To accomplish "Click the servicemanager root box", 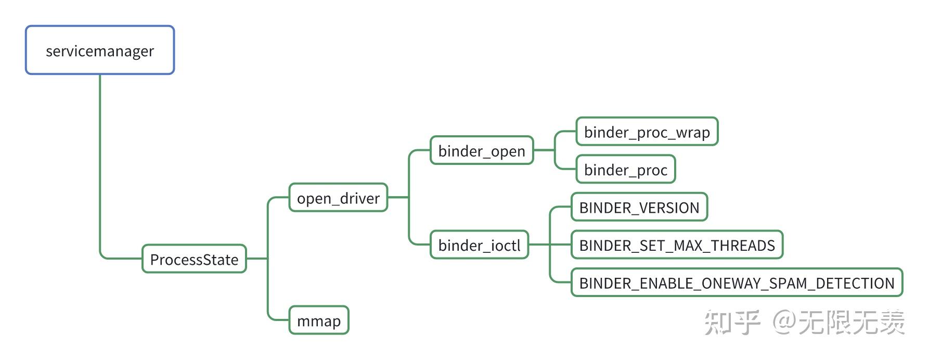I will pos(100,50).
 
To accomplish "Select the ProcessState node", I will pos(194,259).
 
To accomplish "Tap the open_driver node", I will pos(338,198).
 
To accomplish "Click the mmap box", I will pos(318,320).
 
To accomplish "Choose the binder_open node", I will pos(482,150).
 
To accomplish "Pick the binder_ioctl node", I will pos(479,245).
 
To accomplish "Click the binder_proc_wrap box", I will pos(647,132).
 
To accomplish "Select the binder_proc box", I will pos(625,170).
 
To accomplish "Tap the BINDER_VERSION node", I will pos(639,207).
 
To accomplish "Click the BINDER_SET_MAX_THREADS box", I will pos(677,245).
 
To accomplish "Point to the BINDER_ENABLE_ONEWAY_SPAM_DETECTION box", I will pos(737,282).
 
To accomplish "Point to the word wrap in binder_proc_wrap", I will pos(693,132).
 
